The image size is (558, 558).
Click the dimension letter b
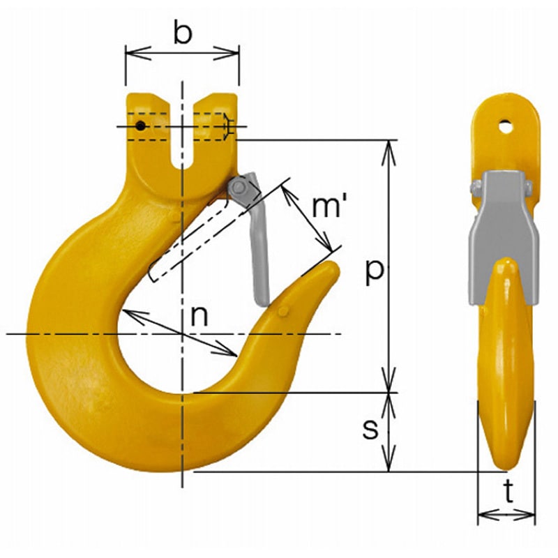pyautogui.click(x=183, y=33)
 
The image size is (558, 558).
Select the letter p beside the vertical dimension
pyautogui.click(x=375, y=271)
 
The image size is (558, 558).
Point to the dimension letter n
pyautogui.click(x=199, y=316)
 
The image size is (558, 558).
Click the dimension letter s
pyautogui.click(x=370, y=428)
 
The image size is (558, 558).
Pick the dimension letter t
pyautogui.click(x=509, y=492)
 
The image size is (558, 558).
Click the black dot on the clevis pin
pyautogui.click(x=141, y=126)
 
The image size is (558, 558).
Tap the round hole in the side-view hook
pyautogui.click(x=505, y=127)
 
